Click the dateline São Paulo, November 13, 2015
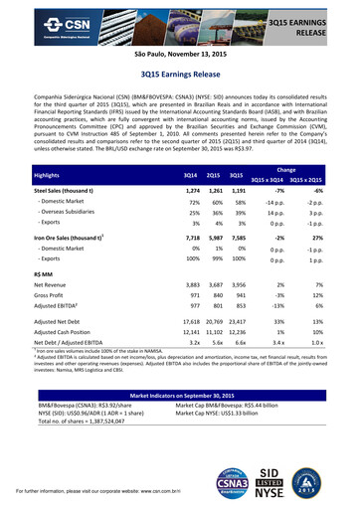tap(179, 58)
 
